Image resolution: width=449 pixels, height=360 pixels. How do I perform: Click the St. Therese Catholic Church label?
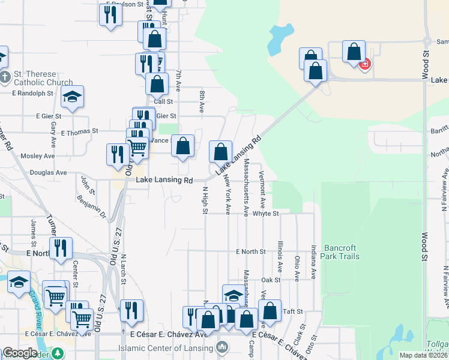43,78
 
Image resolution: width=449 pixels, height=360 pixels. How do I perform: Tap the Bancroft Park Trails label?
342,252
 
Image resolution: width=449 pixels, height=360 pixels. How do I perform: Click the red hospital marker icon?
364,64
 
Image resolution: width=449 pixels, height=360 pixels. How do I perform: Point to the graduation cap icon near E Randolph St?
72,97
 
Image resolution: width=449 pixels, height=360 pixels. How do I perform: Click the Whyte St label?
266,213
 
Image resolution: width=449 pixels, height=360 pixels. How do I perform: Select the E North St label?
250,251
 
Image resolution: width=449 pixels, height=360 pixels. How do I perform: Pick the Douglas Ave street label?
48,172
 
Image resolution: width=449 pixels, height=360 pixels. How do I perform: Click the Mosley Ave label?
37,156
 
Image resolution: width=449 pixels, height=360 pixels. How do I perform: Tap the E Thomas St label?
79,131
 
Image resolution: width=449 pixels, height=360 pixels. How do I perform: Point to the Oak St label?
271,280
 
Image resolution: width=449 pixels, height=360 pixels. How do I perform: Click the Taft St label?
293,312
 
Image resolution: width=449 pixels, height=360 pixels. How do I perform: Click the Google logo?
20,353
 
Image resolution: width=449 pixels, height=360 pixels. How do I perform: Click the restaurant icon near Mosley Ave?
115,154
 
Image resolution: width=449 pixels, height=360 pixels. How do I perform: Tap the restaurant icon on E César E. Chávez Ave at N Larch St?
131,310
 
